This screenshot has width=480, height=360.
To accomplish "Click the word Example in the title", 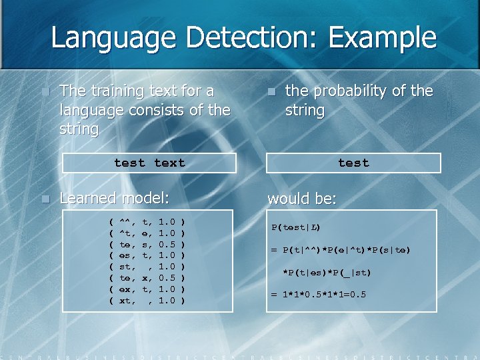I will point(379,38).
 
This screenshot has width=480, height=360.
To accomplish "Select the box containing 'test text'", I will point(149,163).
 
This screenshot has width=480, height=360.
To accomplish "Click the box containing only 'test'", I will point(353,163).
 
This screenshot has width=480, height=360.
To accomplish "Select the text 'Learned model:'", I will point(115,198).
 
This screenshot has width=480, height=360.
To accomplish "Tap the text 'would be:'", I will point(302,199).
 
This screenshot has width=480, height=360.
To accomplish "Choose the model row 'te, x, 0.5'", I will point(147,277).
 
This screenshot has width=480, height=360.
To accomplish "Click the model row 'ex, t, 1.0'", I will point(147,289).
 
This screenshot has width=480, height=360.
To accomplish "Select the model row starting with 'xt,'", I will point(147,301).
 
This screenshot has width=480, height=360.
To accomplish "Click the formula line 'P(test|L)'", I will point(296,227).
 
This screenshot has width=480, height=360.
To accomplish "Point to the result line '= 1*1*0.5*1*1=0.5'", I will point(318,294).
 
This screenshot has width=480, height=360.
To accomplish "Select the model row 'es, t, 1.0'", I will point(147,254).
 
